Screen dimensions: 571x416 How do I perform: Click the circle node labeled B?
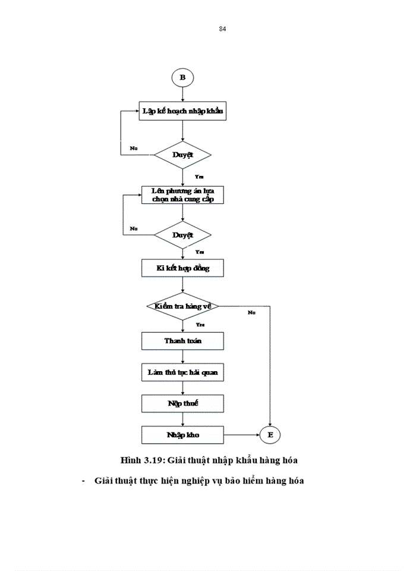coord(182,77)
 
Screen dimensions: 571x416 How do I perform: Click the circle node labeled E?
coord(270,435)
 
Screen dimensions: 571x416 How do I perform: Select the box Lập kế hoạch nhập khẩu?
coord(183,111)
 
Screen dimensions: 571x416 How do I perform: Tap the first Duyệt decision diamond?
coord(182,154)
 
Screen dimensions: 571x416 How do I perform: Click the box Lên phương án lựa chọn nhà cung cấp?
coord(183,195)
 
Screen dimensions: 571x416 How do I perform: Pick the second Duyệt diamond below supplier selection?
coord(182,235)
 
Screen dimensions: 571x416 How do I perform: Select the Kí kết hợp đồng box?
coord(183,268)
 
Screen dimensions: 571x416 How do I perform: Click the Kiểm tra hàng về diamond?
coord(182,306)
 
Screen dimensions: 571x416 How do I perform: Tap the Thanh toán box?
coord(183,341)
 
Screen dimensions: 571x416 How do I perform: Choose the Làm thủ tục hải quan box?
coord(183,372)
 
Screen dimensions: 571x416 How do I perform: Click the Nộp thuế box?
coord(183,403)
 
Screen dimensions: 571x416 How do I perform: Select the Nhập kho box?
coord(183,435)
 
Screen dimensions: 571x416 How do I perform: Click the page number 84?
coord(222,29)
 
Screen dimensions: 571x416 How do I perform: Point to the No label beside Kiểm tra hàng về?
coord(252,312)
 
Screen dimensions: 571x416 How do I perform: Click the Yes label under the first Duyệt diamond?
coord(199,177)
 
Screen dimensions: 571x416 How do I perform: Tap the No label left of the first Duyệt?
coord(134,147)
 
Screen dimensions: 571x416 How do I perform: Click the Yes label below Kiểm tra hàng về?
coord(200,325)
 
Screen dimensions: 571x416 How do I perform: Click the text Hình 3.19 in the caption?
coord(142,460)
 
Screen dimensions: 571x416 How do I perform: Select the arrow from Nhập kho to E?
coord(242,435)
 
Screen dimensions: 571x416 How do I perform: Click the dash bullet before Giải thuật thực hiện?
coord(84,481)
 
